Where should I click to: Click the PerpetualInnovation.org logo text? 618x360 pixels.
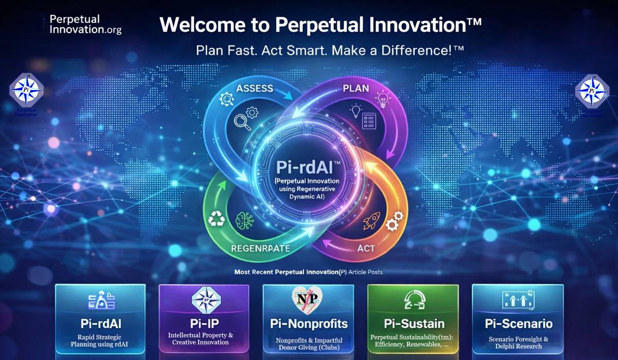pyautogui.click(x=85, y=24)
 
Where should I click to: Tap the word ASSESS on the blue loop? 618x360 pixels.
pyautogui.click(x=254, y=88)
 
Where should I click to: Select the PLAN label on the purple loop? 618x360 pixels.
pyautogui.click(x=356, y=88)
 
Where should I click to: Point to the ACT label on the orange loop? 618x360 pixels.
pyautogui.click(x=366, y=248)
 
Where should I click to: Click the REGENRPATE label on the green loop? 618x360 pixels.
pyautogui.click(x=260, y=248)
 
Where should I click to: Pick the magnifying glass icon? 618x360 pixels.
pyautogui.click(x=242, y=122)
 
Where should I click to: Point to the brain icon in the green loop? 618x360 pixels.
pyautogui.click(x=244, y=220)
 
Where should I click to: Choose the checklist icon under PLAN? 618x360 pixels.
pyautogui.click(x=369, y=122)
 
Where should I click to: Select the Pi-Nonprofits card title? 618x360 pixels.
pyautogui.click(x=309, y=324)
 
